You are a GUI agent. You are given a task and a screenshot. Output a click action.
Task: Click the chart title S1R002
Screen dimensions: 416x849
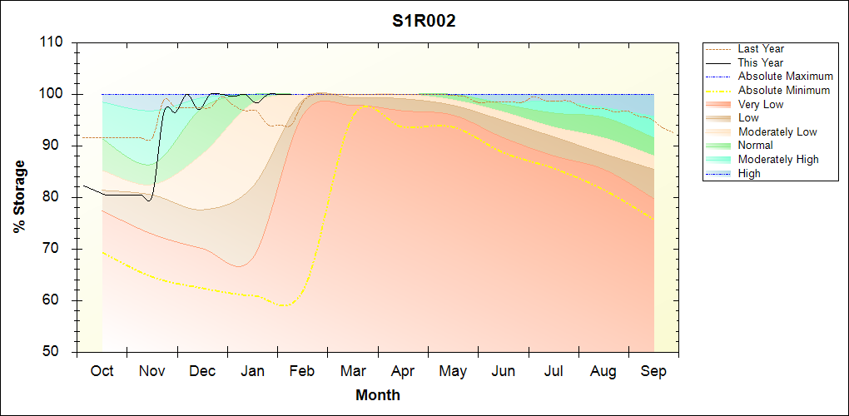(424, 22)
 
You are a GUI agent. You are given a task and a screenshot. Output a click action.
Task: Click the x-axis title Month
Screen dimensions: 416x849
(377, 395)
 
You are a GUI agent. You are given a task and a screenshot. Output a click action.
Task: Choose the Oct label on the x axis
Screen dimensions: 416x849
(102, 372)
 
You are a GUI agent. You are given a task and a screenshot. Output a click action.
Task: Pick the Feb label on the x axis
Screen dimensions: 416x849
(302, 372)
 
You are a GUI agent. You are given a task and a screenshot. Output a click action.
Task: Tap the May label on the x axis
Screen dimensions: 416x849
(453, 372)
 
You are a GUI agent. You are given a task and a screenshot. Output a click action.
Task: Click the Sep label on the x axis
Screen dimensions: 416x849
(653, 372)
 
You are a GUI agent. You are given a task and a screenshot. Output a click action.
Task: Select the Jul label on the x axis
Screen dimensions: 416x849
(554, 372)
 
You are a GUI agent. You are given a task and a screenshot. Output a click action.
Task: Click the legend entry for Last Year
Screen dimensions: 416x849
(760, 49)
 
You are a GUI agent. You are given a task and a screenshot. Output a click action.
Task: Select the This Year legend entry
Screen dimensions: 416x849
(760, 62)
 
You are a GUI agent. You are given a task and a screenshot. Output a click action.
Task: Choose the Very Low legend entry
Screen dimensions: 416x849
(760, 104)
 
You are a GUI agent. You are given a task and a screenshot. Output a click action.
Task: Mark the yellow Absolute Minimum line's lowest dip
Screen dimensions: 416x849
(285, 305)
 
